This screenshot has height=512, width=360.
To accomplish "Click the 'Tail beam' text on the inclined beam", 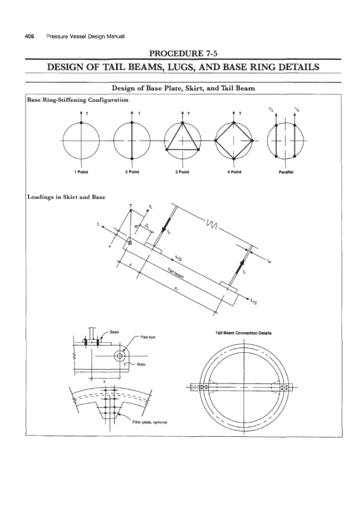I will [x=178, y=275].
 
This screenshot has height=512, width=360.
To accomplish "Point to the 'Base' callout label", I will [x=114, y=331].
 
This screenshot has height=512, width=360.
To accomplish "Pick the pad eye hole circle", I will [x=119, y=356].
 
